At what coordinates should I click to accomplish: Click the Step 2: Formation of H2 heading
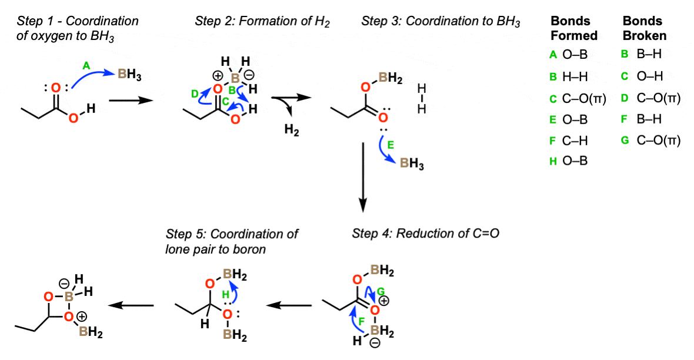(262, 22)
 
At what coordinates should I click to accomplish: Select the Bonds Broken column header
(644, 28)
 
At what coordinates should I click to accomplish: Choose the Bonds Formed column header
(574, 28)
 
